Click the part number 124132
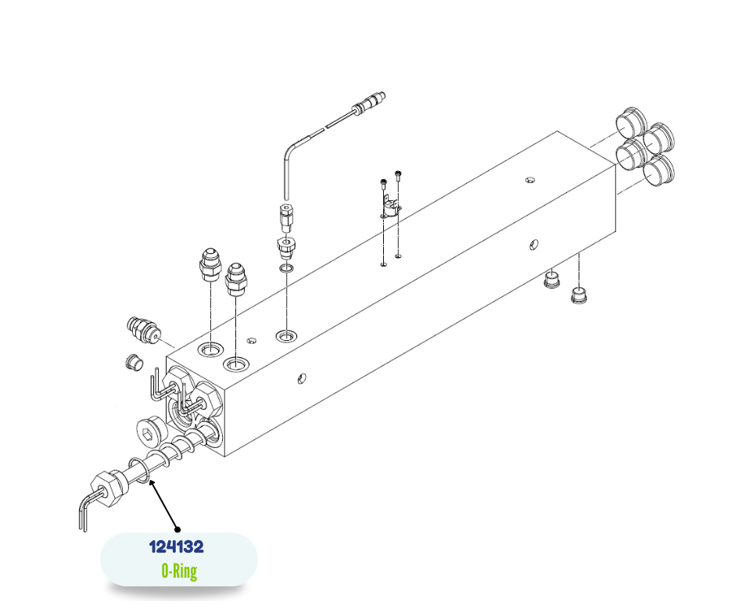(176, 546)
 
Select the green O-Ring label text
(179, 571)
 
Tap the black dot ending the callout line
(177, 530)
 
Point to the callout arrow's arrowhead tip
(149, 481)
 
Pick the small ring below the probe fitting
(286, 269)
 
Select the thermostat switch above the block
(390, 209)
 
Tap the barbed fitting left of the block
(142, 329)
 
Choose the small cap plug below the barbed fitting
(133, 363)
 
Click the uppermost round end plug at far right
(631, 123)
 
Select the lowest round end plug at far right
(659, 170)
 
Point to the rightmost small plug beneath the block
(580, 295)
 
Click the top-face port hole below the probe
(286, 336)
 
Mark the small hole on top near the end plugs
(530, 180)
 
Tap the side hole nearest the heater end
(302, 378)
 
